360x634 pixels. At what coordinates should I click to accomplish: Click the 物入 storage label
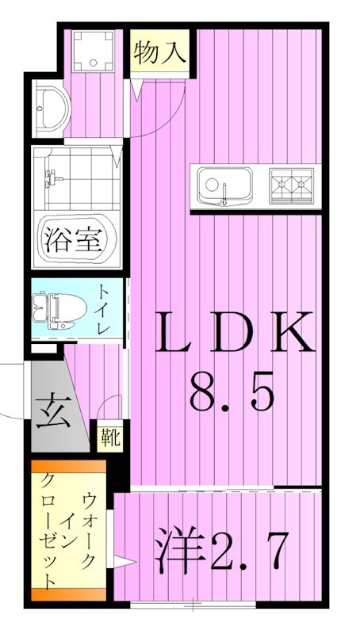(x=159, y=53)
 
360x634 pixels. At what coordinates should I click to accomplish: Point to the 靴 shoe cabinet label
(x=109, y=437)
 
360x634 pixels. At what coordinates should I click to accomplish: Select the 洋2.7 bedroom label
(x=221, y=552)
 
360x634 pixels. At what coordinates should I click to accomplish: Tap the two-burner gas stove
(x=291, y=185)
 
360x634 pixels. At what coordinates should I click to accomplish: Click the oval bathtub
(x=76, y=239)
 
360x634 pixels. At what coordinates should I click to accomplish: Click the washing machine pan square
(x=93, y=49)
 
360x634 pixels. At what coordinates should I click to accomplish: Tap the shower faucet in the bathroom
(x=52, y=175)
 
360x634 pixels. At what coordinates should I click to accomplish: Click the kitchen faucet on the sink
(x=225, y=193)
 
